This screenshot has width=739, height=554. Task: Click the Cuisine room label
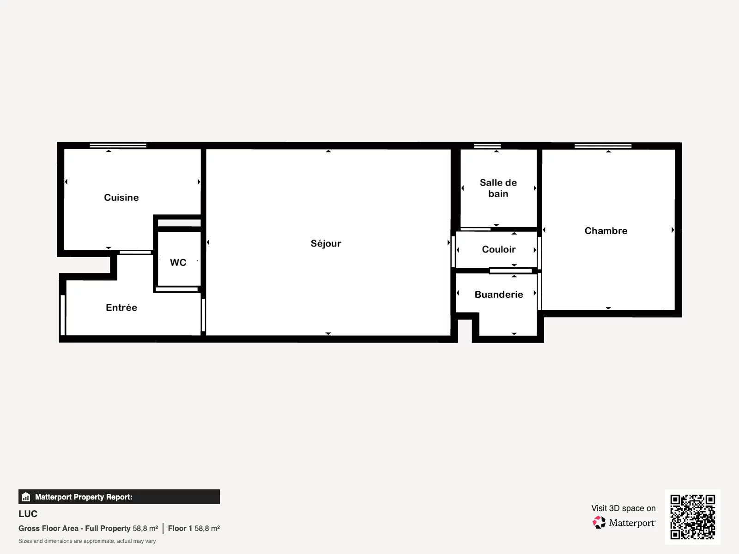(x=121, y=198)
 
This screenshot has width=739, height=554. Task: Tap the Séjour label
(x=326, y=243)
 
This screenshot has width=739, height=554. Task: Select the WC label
(x=178, y=262)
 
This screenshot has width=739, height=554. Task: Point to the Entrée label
(x=121, y=307)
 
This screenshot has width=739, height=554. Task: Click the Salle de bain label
(x=498, y=188)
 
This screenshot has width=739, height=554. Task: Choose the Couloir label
(x=499, y=249)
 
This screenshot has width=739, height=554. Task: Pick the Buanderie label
(x=499, y=295)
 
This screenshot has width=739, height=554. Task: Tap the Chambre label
(x=606, y=231)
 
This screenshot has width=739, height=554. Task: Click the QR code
(x=692, y=517)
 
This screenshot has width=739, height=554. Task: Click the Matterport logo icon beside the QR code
(x=599, y=523)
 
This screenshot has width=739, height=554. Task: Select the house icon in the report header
(x=26, y=497)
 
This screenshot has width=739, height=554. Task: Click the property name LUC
(x=28, y=514)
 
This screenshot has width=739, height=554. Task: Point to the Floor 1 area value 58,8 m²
(x=207, y=529)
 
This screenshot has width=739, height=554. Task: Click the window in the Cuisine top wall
(x=118, y=145)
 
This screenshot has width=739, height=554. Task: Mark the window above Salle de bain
(x=487, y=145)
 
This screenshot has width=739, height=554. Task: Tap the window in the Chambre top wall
(x=603, y=145)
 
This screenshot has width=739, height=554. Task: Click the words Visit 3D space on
(x=624, y=508)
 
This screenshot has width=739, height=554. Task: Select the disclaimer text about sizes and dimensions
(x=87, y=541)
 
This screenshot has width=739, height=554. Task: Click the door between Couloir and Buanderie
(x=511, y=271)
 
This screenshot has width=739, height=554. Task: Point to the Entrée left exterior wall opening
(x=63, y=315)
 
